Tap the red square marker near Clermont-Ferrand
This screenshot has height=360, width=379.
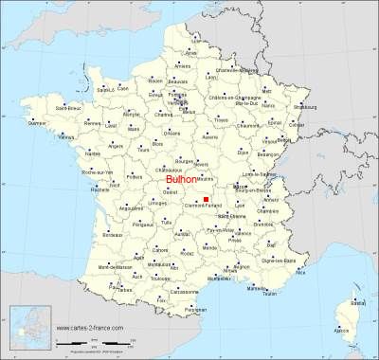(206, 198)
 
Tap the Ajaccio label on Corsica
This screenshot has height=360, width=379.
(342, 331)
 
